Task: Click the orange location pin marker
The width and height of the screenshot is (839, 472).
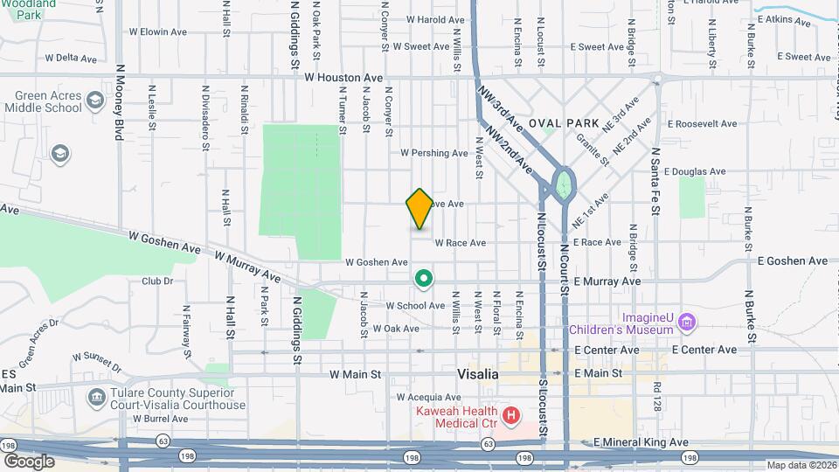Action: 419,208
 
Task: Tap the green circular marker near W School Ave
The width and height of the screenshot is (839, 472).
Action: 424,279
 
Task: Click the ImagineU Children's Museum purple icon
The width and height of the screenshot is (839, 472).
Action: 688,323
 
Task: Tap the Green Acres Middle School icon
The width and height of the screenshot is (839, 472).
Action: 96,107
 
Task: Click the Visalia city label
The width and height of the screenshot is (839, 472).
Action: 478,373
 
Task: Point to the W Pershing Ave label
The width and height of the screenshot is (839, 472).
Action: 434,153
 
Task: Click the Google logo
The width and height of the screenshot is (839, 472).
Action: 29,461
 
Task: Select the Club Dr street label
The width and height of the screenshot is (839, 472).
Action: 157,281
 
